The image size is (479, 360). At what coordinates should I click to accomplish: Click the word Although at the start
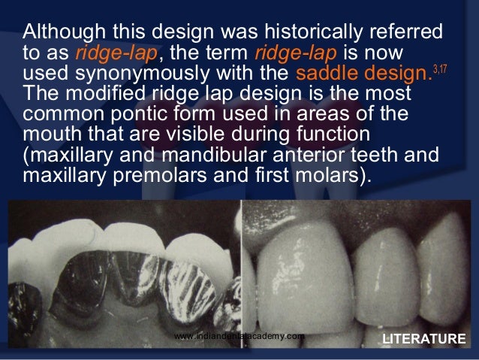click(x=59, y=34)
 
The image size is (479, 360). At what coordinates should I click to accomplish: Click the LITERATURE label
click(x=423, y=339)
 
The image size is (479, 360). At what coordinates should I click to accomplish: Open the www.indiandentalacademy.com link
click(x=239, y=336)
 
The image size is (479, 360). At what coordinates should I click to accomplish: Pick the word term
click(x=228, y=55)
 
